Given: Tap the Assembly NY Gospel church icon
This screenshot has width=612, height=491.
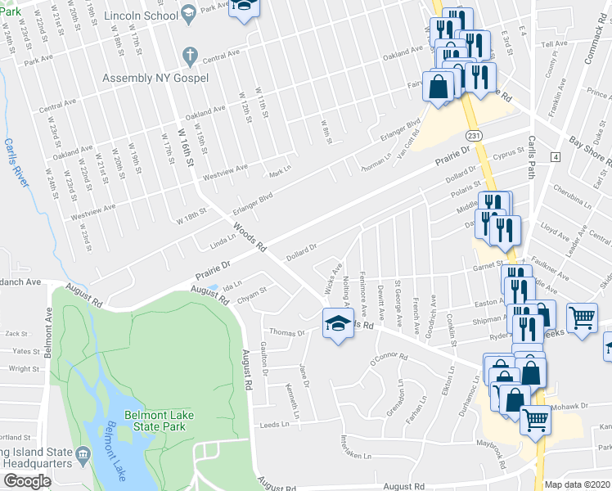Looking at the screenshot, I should pyautogui.click(x=189, y=56).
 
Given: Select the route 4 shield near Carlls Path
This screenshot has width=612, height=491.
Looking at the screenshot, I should pyautogui.click(x=556, y=156).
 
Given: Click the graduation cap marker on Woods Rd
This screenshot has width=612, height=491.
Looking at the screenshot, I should pyautogui.click(x=337, y=324).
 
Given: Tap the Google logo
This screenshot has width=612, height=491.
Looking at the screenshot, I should pyautogui.click(x=27, y=481).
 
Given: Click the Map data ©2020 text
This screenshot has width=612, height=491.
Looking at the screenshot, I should pyautogui.click(x=578, y=484).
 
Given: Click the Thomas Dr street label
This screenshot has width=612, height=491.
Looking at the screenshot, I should pyautogui.click(x=287, y=333).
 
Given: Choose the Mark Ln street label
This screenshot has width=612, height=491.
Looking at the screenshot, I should pyautogui.click(x=280, y=174).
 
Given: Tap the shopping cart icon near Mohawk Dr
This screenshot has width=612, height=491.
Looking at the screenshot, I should pyautogui.click(x=536, y=420).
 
